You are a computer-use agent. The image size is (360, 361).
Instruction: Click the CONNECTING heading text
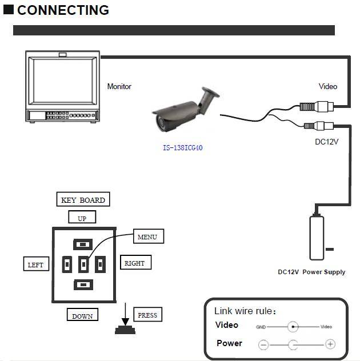tap(63, 10)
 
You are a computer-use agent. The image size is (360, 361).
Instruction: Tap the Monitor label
tap(119, 87)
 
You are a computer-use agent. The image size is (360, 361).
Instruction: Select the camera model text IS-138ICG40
tap(182, 148)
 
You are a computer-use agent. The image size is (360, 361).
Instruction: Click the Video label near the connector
tap(327, 87)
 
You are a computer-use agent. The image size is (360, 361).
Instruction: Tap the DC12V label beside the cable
tap(327, 141)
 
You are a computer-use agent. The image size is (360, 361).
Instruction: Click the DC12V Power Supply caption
tap(311, 272)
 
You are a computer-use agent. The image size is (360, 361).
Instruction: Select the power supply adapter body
tap(317, 236)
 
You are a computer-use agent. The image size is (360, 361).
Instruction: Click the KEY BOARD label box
tap(83, 200)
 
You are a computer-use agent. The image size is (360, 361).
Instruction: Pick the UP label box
tap(82, 218)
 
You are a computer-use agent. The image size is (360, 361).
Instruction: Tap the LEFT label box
tap(35, 264)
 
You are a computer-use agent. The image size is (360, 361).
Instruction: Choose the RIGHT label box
tap(135, 263)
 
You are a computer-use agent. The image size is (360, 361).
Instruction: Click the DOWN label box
tap(82, 315)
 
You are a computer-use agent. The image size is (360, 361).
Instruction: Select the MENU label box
tap(147, 236)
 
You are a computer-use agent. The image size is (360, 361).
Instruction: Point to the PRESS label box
tap(147, 315)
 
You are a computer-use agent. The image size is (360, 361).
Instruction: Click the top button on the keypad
tap(83, 244)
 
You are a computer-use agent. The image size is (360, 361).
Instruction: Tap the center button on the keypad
tap(83, 264)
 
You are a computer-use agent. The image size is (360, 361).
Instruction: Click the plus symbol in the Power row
tap(330, 344)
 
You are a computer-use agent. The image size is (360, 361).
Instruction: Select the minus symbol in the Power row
tap(263, 344)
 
